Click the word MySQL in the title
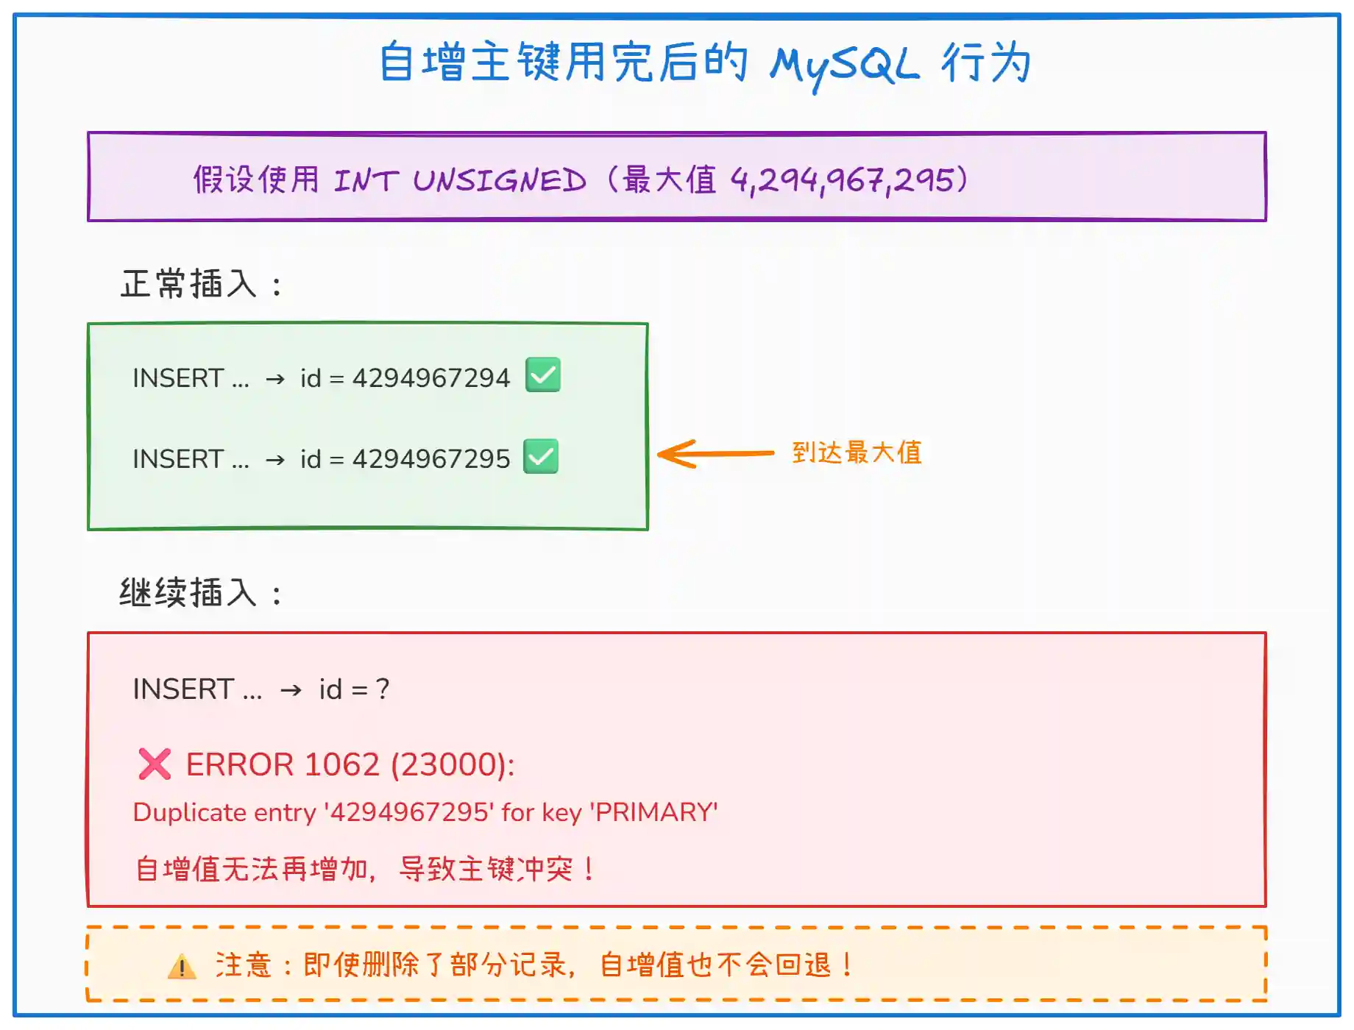pyautogui.click(x=844, y=65)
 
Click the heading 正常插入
pyautogui.click(x=188, y=284)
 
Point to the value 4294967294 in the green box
pyautogui.click(x=431, y=378)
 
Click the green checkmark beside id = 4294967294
pyautogui.click(x=543, y=375)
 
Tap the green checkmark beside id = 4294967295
pyautogui.click(x=541, y=457)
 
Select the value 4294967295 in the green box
pyautogui.click(x=431, y=459)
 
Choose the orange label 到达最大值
pyautogui.click(x=857, y=452)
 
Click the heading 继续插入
pyautogui.click(x=188, y=593)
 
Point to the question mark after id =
pyautogui.click(x=383, y=689)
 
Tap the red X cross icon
pyautogui.click(x=155, y=764)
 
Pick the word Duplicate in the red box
pyautogui.click(x=189, y=812)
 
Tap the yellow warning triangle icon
pyautogui.click(x=182, y=967)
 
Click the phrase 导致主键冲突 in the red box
pyautogui.click(x=486, y=870)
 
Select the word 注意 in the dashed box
pyautogui.click(x=244, y=965)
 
